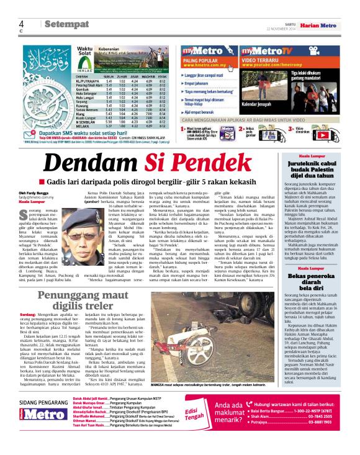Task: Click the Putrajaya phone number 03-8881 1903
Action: point(330,439)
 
